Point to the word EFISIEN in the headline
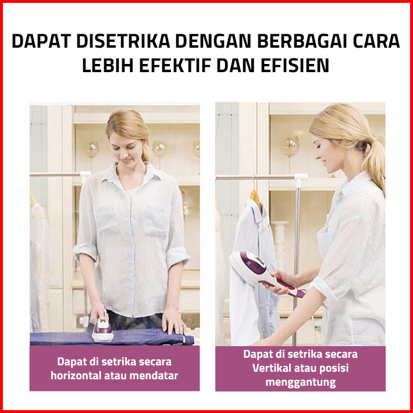click(295, 65)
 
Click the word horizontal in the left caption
click(76, 375)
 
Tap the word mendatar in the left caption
click(154, 375)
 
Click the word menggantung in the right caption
click(301, 382)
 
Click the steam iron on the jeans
click(102, 327)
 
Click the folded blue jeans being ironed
click(112, 338)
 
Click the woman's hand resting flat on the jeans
click(174, 323)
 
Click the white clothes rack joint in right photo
click(301, 179)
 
